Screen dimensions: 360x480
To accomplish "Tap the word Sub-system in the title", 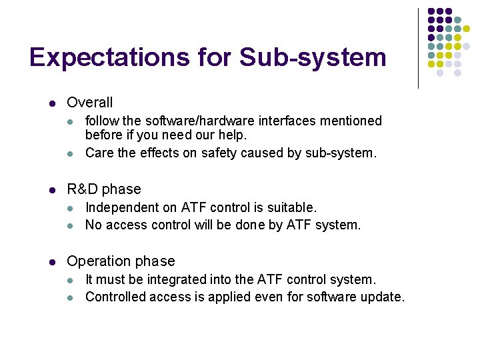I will click(313, 57).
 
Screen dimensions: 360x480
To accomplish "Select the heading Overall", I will click(90, 103).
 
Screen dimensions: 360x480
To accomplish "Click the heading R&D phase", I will click(104, 189).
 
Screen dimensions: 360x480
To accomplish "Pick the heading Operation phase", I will click(121, 261).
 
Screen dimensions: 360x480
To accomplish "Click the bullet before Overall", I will click(51, 103).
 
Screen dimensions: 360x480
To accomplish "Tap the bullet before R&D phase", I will click(51, 190).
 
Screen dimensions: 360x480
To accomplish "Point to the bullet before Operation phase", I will click(51, 262).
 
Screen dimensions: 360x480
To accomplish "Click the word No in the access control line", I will click(93, 225).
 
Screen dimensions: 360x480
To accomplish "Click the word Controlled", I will click(115, 297).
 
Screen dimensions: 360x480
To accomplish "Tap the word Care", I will click(99, 153).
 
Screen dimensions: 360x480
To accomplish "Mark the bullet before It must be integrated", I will click(71, 281).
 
